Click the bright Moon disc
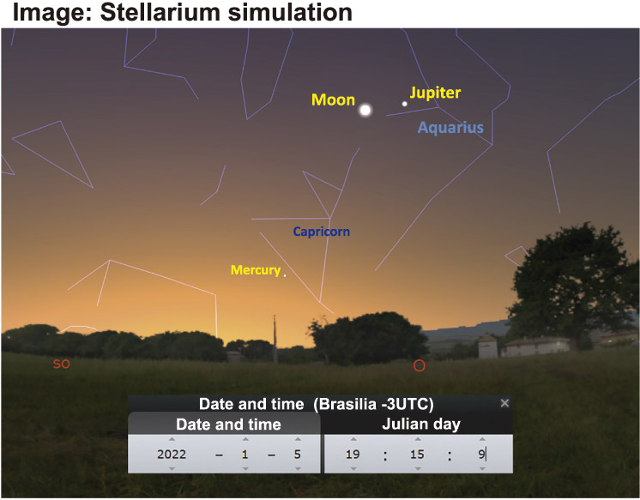[x=365, y=110]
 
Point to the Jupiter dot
[x=404, y=104]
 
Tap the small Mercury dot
[x=285, y=275]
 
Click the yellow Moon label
[x=333, y=100]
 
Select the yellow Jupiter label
[x=435, y=93]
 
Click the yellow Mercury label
[x=256, y=270]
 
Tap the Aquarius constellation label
[x=450, y=128]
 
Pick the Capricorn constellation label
[x=321, y=232]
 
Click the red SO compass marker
[x=62, y=364]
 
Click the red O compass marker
[x=420, y=365]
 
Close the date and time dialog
[x=505, y=403]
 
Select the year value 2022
[x=172, y=455]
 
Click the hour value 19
[x=353, y=455]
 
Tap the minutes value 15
[x=417, y=455]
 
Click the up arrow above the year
[x=172, y=439]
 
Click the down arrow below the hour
[x=353, y=468]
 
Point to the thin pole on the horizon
[x=275, y=339]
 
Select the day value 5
[x=298, y=455]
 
